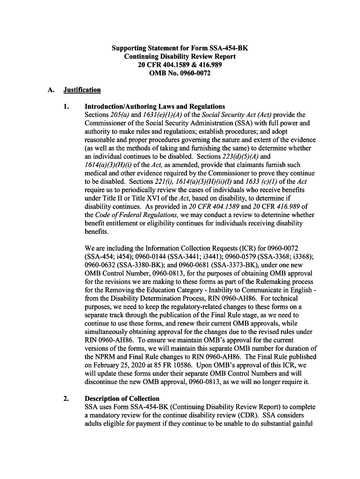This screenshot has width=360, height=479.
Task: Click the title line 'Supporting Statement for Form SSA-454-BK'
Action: click(x=180, y=48)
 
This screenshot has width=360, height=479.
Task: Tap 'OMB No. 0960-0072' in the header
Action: click(x=180, y=73)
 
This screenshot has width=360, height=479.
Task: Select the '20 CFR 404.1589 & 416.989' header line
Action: click(x=180, y=65)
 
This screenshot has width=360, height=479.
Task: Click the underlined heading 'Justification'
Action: click(x=82, y=90)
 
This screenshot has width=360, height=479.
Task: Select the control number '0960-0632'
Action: click(x=100, y=265)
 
